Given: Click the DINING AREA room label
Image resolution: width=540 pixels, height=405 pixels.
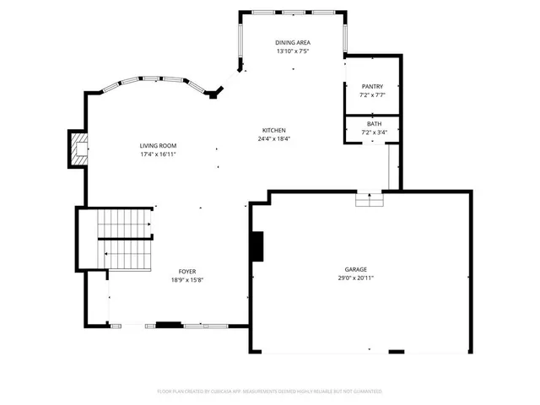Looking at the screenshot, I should click(x=292, y=42).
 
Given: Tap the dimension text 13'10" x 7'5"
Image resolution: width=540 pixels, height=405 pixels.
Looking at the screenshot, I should click(x=292, y=51).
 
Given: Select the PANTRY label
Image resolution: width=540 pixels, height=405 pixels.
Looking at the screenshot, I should click(x=372, y=86).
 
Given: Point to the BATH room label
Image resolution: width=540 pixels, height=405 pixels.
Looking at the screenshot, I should click(x=372, y=124).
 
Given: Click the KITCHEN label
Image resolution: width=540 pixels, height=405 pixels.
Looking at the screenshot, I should click(x=273, y=130).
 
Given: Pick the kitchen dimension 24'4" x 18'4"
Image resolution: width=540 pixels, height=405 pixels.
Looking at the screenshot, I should click(x=273, y=139).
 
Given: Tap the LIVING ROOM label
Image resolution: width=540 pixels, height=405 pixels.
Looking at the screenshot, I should click(x=158, y=146).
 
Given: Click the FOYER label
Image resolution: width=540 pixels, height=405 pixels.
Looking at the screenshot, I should click(x=187, y=271).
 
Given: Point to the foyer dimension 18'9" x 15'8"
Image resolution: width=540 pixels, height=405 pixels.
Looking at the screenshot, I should click(x=187, y=280).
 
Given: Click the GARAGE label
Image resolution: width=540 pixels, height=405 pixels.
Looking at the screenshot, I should click(x=354, y=268).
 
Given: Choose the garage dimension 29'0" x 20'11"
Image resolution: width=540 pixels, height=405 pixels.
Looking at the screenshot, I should click(x=354, y=278).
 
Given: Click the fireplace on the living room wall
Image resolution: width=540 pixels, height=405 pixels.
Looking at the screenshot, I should click(x=78, y=148).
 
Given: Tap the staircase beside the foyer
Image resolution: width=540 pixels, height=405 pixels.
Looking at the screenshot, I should click(x=123, y=238).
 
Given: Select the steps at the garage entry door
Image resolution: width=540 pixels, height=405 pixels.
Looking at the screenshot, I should click(x=369, y=199).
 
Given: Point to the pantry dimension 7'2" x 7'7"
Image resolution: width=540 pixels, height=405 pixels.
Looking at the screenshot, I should click(x=372, y=95).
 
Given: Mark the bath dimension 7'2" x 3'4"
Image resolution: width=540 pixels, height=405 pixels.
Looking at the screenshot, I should click(x=372, y=132).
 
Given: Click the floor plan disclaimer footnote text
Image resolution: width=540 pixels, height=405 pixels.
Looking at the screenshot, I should click(x=270, y=391).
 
